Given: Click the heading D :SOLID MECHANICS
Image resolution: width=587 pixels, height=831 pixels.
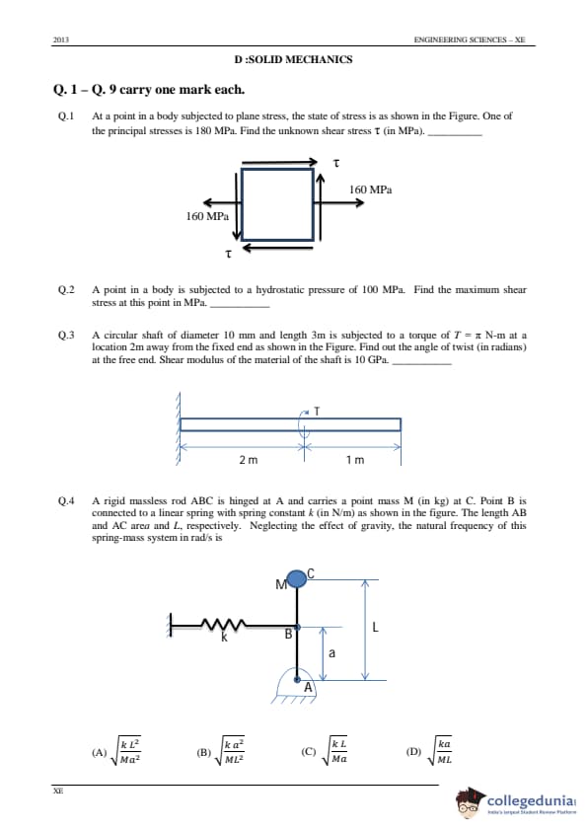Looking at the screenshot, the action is pos(293,59).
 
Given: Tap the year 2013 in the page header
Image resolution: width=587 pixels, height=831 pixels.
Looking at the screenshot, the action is pos(61,39).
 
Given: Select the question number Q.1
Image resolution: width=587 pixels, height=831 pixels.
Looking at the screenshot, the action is pos(66,116).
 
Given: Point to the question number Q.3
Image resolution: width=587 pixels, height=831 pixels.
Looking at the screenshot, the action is pos(66,335).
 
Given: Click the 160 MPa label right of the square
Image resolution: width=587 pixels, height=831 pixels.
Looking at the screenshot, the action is pos(370,189).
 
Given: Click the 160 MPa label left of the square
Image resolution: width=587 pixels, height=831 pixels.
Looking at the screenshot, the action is pos(207,216).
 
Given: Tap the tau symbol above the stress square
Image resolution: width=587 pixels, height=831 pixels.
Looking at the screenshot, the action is pos(335,163).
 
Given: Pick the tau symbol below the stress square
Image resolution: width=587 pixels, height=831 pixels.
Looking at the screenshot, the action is pos(228,254).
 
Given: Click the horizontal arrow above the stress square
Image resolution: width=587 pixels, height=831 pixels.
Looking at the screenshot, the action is pos(279,162).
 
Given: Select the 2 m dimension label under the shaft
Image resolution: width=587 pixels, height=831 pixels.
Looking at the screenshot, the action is pos(248,460).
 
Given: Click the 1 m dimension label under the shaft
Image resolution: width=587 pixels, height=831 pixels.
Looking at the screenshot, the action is pos(355,460).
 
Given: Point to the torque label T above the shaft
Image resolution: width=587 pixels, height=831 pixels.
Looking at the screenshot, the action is pos(317,411).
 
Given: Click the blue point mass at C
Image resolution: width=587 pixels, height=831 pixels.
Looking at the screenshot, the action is pos(297,578).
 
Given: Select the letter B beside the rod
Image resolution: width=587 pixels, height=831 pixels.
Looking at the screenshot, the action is pos(288,634).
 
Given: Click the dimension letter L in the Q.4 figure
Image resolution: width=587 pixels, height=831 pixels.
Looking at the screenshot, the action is pos(375,628).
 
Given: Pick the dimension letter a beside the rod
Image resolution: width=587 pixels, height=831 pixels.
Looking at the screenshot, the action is pos(332,653).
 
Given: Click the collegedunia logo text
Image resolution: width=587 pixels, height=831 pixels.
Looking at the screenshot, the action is pos(531,800).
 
